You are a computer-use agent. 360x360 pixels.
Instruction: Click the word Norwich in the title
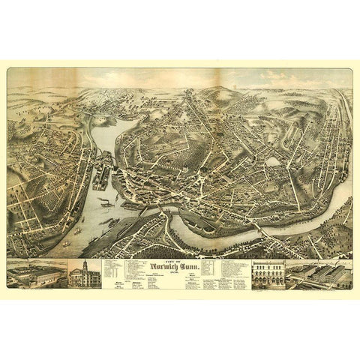pos(170,268)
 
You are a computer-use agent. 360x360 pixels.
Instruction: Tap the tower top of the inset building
pos(84,264)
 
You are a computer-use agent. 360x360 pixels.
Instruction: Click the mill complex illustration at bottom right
pos(319,275)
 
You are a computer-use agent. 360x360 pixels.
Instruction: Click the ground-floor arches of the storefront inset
pos(268,283)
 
